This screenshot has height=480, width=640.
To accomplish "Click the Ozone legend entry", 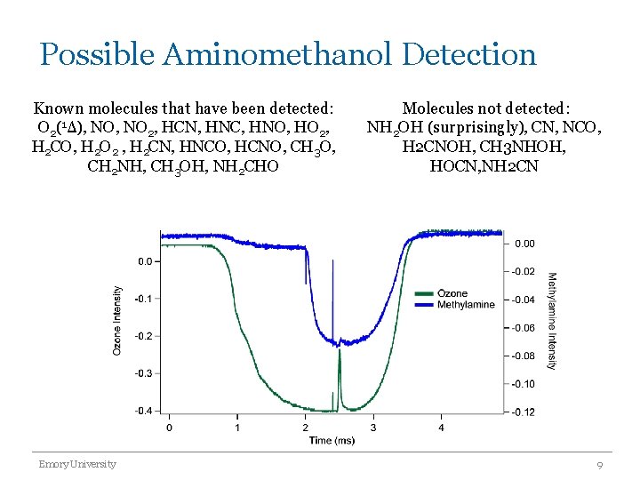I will tap(452, 293).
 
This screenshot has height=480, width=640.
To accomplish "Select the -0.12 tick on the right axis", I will tap(524, 412).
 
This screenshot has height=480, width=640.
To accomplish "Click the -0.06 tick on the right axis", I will tap(524, 328).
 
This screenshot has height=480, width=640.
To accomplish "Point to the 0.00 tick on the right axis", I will tap(525, 243).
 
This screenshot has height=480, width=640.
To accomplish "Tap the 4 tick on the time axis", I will tap(442, 428).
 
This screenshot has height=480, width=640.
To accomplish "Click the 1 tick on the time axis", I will tap(237, 428).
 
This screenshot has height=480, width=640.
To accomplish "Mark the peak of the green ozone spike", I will tap(339, 349).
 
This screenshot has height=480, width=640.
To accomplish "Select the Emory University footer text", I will tap(76, 464).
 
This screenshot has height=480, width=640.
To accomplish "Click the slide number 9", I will tap(601, 465).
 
